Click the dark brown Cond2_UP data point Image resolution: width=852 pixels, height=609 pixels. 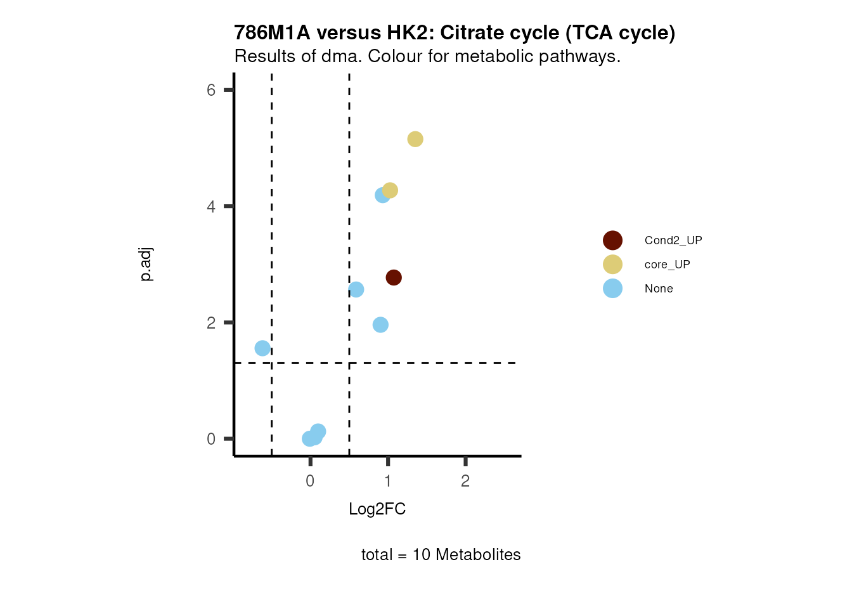point(394,277)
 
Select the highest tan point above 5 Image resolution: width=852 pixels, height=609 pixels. point(415,139)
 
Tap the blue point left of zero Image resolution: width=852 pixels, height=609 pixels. point(262,348)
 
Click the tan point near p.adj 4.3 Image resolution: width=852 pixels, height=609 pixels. point(390,190)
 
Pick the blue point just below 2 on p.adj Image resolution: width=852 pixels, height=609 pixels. point(380,325)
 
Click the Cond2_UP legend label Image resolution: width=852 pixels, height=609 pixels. point(673,240)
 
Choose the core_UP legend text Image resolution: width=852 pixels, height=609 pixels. point(667,265)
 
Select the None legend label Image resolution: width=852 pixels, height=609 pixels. point(659,289)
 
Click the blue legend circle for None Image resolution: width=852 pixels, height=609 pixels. point(612,289)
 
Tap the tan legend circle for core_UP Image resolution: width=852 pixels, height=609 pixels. point(612,265)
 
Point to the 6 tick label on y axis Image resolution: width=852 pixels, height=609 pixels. point(211,90)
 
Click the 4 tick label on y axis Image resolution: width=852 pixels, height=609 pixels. point(211,206)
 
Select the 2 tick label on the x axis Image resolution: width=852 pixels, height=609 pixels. point(465,481)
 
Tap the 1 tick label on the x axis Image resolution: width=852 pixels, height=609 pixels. point(388,481)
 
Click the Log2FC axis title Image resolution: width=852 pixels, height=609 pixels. point(377,509)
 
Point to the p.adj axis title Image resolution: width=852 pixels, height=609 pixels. point(146,265)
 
